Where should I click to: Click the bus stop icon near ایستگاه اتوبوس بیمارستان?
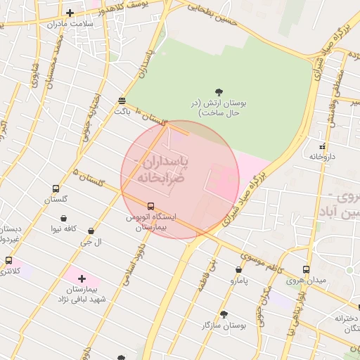coord(151,206)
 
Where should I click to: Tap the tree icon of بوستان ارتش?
coord(219,91)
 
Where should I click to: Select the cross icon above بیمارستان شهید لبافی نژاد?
coord(82,279)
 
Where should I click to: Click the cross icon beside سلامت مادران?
coord(70,13)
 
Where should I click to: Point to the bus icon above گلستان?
coord(56,188)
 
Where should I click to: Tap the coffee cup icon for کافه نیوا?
coord(69,218)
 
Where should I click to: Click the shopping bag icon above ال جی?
coord(91,231)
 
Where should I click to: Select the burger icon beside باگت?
coord(122,101)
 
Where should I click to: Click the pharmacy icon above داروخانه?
coord(322,147)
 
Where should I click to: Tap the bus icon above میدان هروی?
coord(305,269)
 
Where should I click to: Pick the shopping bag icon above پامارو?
coord(239,269)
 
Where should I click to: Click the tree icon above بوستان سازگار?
coord(224,314)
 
